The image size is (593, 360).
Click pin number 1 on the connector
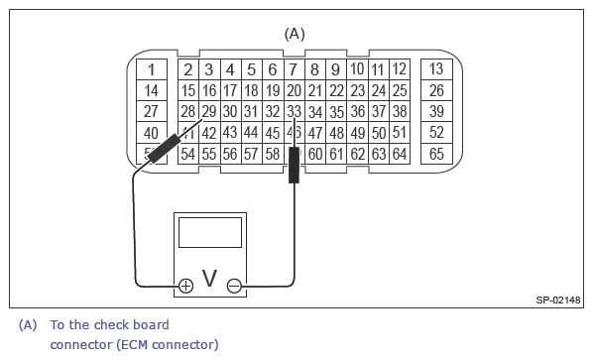pyautogui.click(x=151, y=69)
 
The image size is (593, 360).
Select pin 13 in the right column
pyautogui.click(x=436, y=69)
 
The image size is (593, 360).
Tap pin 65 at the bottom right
pyautogui.click(x=436, y=154)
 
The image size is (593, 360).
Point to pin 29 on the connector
pyautogui.click(x=208, y=112)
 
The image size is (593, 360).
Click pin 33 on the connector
pyautogui.click(x=294, y=112)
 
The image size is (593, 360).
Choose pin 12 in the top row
pyautogui.click(x=399, y=69)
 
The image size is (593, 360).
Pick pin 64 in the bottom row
pyautogui.click(x=400, y=154)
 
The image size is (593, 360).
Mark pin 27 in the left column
pyautogui.click(x=151, y=112)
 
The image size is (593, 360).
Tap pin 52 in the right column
pyautogui.click(x=436, y=133)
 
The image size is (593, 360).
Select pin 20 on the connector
pyautogui.click(x=294, y=91)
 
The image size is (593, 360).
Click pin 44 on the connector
pyautogui.click(x=251, y=133)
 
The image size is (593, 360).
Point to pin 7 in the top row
pyautogui.click(x=293, y=69)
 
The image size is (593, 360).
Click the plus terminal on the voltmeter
pyautogui.click(x=185, y=286)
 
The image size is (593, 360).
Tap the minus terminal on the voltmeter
pyautogui.click(x=234, y=286)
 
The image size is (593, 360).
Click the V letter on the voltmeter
pyautogui.click(x=209, y=280)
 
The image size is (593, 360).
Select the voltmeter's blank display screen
pyautogui.click(x=209, y=233)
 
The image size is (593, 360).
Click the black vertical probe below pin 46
pyautogui.click(x=294, y=165)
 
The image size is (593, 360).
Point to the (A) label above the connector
pyautogui.click(x=295, y=33)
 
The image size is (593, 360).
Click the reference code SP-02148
pyautogui.click(x=557, y=299)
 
